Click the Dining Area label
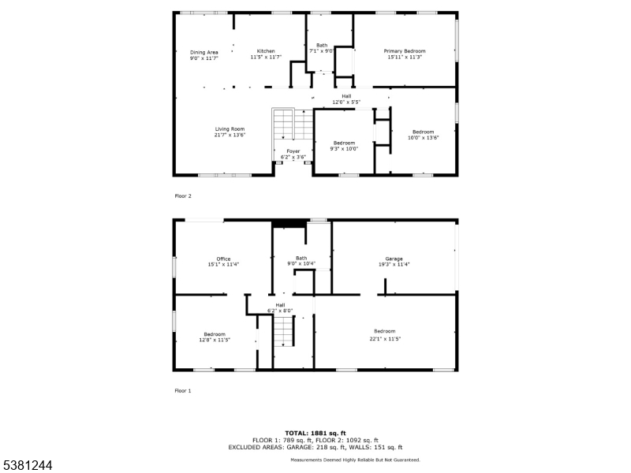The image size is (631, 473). tap(204, 52)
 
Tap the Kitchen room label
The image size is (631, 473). tap(266, 51)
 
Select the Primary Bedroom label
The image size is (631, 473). tap(405, 51)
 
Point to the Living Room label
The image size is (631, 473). tap(230, 129)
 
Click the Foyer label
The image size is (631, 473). tap(293, 151)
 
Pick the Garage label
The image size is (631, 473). tap(394, 259)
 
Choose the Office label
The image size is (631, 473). tap(223, 259)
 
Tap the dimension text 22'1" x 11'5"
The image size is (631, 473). tap(385, 339)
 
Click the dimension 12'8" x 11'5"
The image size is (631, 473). tap(215, 340)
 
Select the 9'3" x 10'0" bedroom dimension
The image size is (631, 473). tap(344, 149)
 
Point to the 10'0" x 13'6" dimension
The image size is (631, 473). tap(424, 137)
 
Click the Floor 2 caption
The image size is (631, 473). tap(183, 196)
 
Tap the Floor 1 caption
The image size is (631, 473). tap(183, 391)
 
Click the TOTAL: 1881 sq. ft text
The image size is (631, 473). tap(315, 433)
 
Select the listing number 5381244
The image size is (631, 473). tap(26, 465)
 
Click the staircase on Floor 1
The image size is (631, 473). tap(284, 331)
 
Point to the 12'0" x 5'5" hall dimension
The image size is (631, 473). tap(346, 102)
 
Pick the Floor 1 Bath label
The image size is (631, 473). tap(301, 259)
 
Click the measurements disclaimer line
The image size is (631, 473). tap(356, 460)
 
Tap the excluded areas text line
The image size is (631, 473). tap(315, 447)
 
